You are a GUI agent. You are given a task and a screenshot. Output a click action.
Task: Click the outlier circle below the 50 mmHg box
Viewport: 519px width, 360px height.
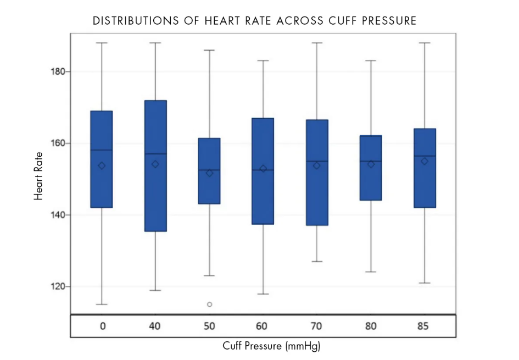(209, 304)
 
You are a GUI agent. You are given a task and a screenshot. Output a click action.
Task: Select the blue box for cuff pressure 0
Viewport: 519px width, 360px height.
(102, 159)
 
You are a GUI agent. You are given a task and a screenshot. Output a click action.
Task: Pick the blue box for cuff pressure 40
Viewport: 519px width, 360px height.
(155, 166)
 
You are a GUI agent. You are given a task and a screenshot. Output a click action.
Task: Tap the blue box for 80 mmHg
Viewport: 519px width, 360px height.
(371, 168)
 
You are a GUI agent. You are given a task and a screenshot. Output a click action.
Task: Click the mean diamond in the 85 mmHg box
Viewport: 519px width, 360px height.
(425, 161)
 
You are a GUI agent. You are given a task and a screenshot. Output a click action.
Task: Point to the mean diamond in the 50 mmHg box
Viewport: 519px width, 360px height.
(209, 173)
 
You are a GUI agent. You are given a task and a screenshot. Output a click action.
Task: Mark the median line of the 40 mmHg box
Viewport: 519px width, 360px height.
(155, 154)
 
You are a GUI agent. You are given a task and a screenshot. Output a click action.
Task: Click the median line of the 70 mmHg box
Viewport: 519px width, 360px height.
(317, 161)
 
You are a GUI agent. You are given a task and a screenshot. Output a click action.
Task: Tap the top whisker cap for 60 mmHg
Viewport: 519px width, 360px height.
(263, 60)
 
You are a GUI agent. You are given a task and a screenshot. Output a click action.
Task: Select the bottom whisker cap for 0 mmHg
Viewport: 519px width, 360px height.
(102, 304)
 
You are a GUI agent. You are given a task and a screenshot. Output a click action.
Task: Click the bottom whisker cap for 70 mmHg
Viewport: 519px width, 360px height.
(317, 262)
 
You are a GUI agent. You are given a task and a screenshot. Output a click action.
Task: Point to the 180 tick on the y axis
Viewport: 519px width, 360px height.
(69, 71)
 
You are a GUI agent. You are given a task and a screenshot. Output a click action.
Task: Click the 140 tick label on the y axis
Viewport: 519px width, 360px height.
(58, 215)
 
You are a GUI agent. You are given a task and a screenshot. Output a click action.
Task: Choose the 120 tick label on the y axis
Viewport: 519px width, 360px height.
(58, 286)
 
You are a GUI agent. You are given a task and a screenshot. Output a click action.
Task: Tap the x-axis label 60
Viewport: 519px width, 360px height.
(261, 326)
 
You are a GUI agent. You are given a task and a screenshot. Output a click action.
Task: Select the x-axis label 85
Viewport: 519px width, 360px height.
(423, 326)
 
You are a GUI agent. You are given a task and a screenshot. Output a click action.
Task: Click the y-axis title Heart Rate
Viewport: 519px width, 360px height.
(38, 176)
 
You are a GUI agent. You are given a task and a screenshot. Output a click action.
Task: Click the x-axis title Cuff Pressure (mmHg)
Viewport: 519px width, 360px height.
(271, 346)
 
